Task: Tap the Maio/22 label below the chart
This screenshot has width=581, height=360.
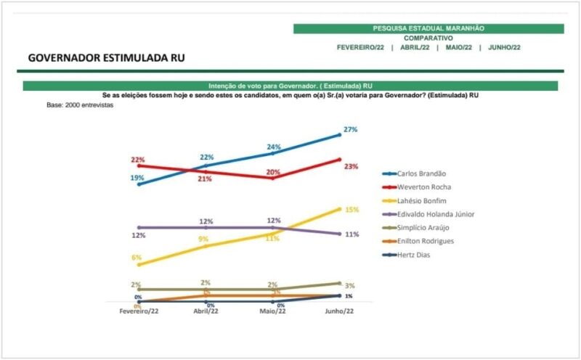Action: tap(272, 311)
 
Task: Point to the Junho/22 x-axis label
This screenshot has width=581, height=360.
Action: tap(340, 311)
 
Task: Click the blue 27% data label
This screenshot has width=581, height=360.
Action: tap(351, 129)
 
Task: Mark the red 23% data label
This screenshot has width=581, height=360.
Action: tap(352, 166)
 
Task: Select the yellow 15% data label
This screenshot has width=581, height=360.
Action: tap(352, 210)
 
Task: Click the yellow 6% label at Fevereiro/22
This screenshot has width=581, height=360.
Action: tap(136, 258)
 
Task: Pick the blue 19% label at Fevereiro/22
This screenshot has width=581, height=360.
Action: tap(137, 178)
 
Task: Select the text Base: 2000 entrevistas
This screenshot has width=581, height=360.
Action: tap(80, 105)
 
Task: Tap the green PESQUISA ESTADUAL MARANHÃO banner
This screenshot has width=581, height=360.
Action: tap(428, 28)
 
